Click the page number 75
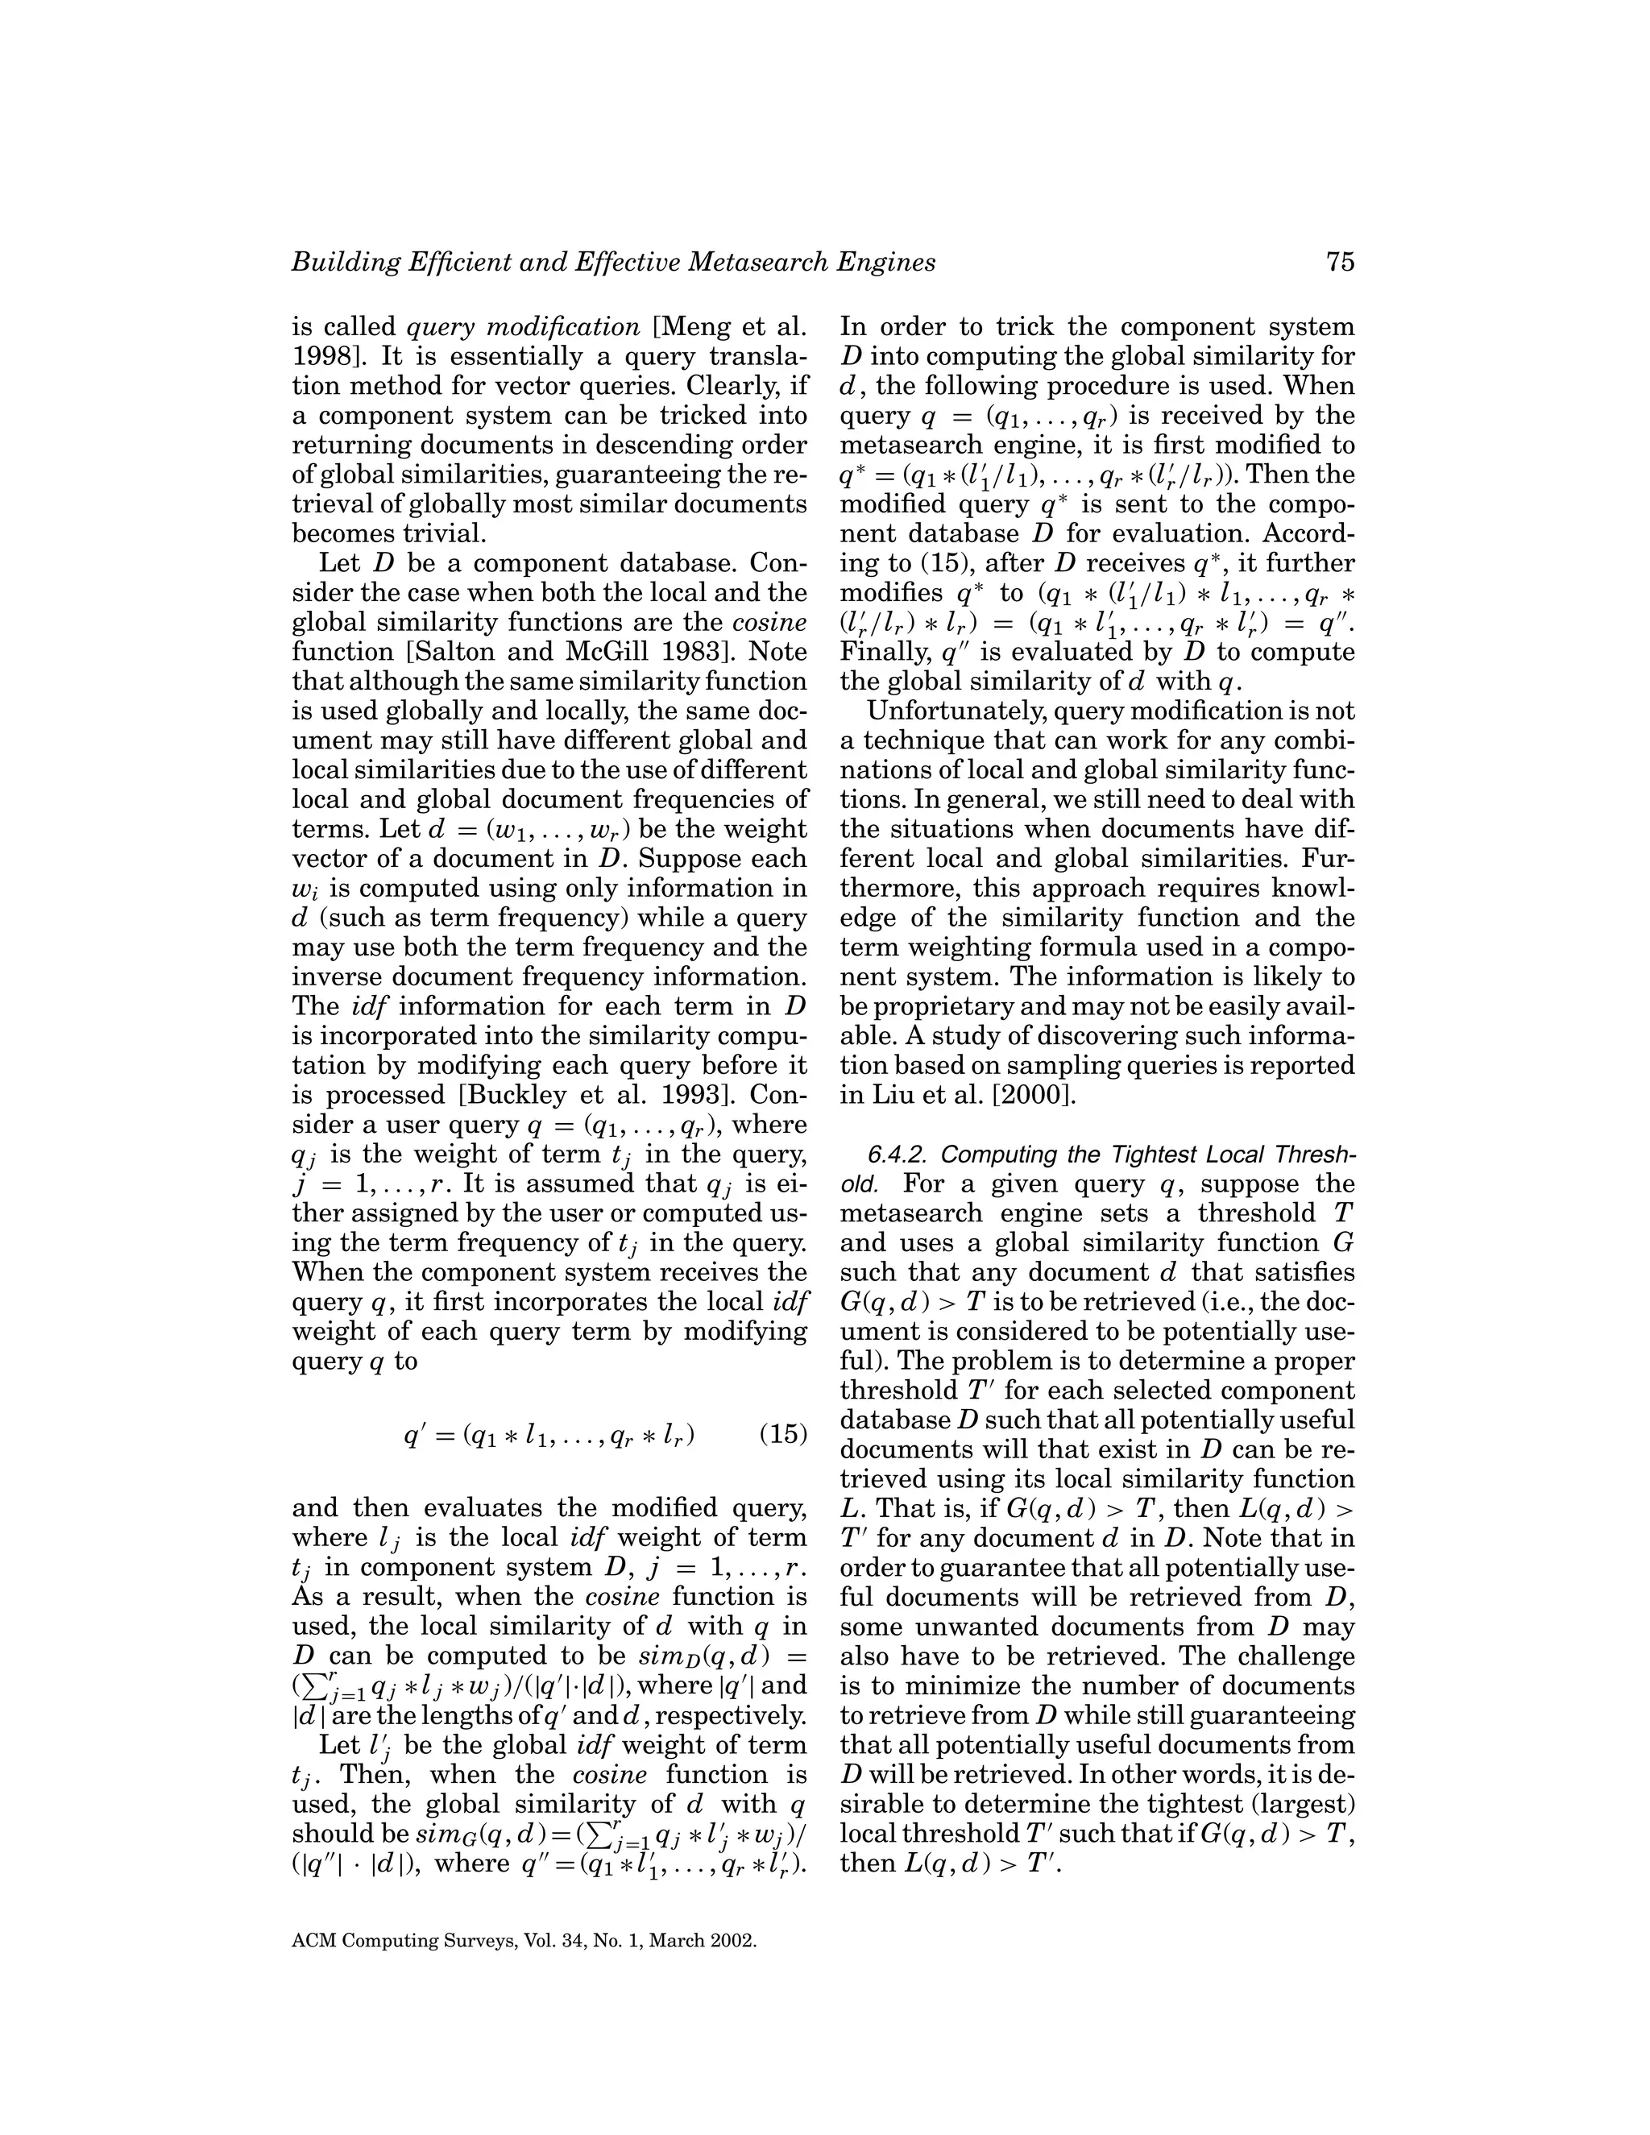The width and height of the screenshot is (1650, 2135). (x=1340, y=262)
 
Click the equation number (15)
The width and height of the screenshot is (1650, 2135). (x=783, y=1434)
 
